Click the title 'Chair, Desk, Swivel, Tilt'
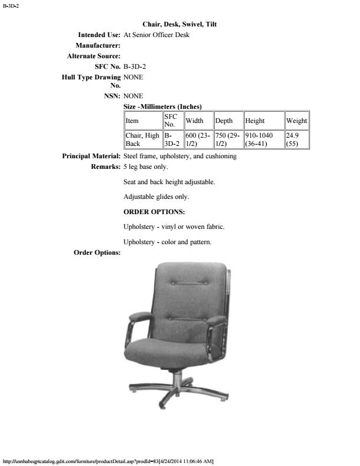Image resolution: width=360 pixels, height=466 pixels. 180,25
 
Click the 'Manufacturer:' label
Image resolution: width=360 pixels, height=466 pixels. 98,46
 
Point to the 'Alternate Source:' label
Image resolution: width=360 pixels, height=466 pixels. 94,56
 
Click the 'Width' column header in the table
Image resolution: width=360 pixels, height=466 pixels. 195,121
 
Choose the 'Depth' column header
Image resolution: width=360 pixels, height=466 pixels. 224,121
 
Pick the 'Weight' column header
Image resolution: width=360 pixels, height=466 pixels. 296,121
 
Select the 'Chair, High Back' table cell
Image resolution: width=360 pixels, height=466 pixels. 142,139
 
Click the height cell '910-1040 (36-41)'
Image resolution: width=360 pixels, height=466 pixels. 263,139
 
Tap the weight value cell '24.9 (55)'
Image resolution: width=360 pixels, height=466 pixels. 296,139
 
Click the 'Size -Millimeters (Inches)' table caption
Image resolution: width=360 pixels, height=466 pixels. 163,106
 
